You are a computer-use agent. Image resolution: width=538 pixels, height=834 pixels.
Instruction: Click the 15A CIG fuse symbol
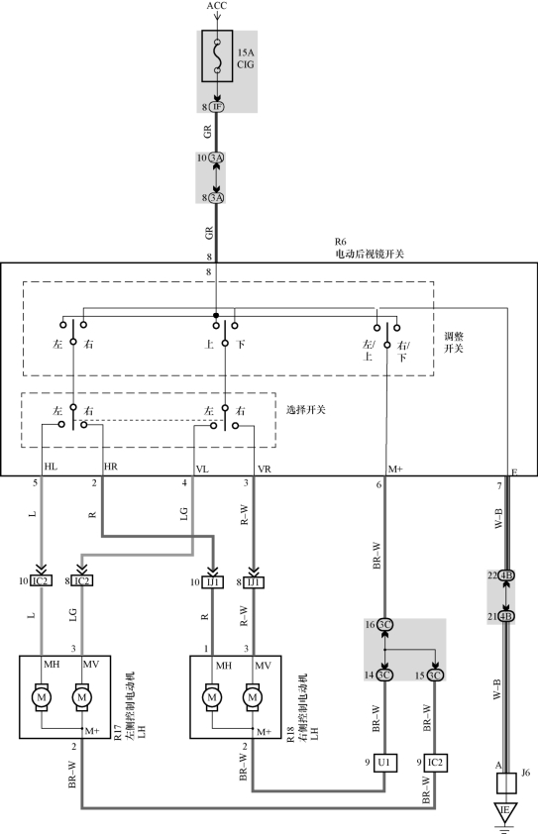217,55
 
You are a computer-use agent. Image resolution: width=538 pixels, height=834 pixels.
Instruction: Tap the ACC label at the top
217,6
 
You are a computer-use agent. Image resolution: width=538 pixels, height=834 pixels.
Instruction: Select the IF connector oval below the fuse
217,107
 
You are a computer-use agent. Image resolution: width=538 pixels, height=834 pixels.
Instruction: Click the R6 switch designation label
340,242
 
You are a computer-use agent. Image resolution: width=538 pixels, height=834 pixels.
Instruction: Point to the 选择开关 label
306,410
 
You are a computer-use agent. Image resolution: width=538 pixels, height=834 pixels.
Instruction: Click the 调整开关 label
454,343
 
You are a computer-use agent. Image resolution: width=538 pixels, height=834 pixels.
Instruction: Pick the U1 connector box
384,763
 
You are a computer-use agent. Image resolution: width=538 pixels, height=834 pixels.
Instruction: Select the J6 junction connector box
506,782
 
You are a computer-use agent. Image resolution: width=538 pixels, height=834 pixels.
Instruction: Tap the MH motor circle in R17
42,697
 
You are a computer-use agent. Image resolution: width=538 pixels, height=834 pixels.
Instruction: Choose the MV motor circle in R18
253,697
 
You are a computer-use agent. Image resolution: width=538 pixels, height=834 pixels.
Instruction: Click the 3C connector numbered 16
384,625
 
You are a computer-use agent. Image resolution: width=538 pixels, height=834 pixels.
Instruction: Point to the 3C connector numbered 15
435,676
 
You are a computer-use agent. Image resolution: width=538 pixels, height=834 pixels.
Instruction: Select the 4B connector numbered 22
506,575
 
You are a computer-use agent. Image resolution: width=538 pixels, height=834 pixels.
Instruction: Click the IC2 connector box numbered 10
41,580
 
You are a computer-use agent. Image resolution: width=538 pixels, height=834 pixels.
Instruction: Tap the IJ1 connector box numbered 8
254,582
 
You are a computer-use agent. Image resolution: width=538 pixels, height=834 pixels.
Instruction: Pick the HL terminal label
51,467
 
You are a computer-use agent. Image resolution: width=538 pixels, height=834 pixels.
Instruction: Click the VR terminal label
265,469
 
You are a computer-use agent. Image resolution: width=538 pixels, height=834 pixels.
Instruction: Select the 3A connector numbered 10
216,157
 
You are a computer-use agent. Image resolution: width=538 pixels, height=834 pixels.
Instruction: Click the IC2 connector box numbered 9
435,763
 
